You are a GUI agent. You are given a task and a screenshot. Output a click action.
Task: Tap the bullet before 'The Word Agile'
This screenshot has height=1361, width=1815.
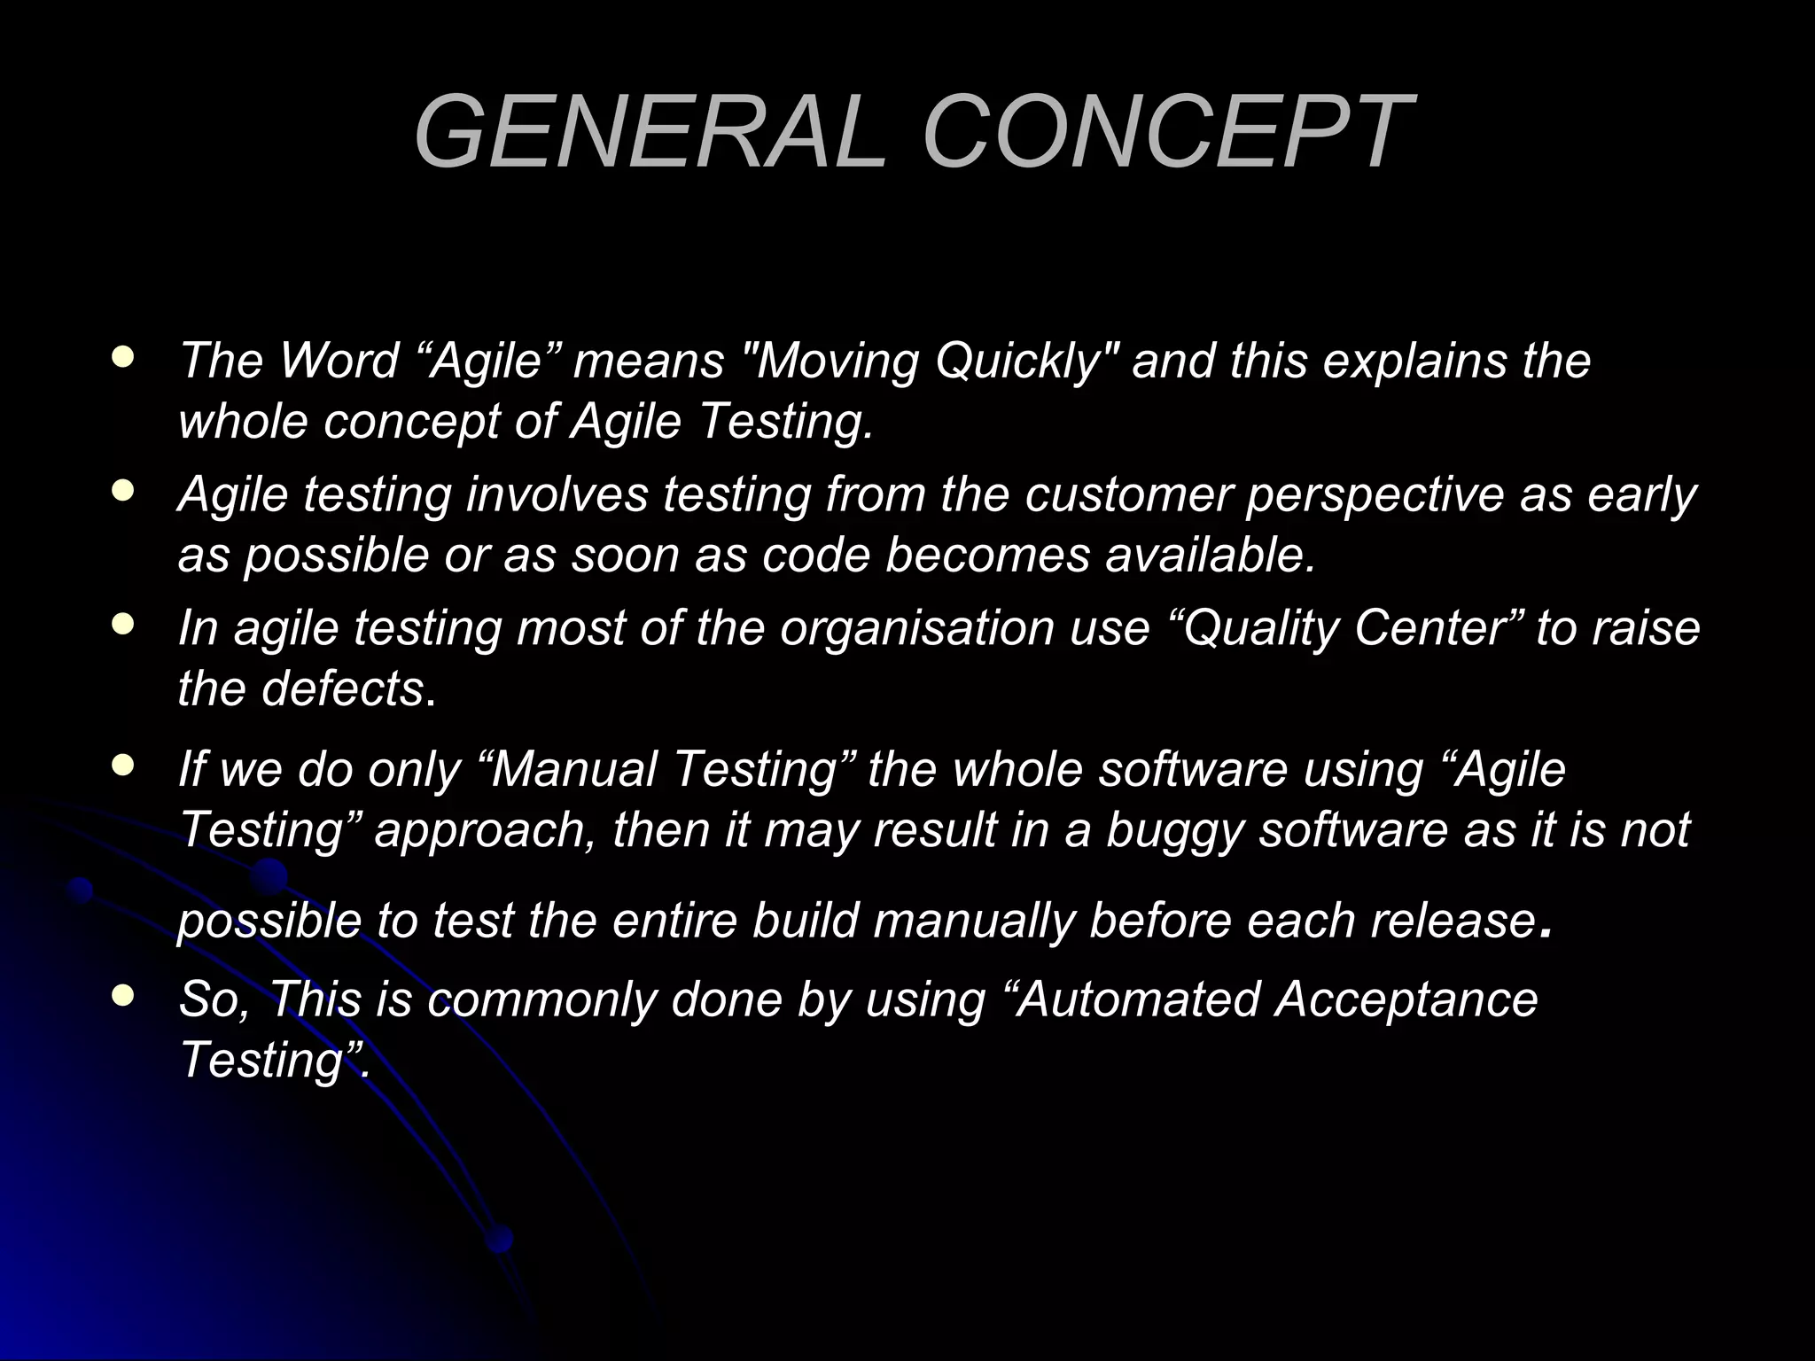point(124,357)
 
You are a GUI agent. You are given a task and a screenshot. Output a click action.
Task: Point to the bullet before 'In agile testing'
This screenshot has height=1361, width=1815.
point(124,625)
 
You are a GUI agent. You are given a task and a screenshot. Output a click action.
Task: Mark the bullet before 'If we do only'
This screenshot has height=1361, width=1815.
point(124,765)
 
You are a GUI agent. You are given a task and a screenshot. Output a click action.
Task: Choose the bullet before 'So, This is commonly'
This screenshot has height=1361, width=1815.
point(124,995)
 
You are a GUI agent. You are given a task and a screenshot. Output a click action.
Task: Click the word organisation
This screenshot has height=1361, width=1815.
point(918,630)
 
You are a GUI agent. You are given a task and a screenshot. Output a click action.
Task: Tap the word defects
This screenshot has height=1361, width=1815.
point(342,688)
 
